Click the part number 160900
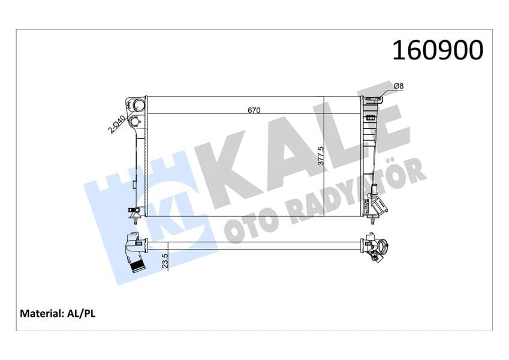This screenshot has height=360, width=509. coord(437,50)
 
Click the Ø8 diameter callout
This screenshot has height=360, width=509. coord(399,86)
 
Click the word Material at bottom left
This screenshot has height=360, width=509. coord(41,313)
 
